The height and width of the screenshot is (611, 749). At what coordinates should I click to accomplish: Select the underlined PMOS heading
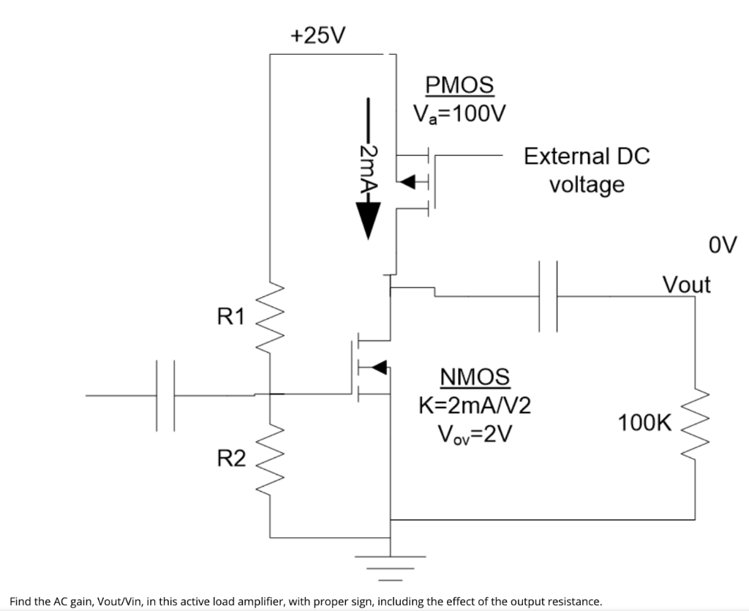coord(459,85)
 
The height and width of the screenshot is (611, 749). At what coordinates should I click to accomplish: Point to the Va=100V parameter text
coord(459,113)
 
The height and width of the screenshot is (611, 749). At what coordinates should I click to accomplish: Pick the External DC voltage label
coord(587,170)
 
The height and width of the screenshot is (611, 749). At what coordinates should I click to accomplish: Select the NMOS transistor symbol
coord(373,367)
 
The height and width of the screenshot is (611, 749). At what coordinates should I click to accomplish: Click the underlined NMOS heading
coord(474,377)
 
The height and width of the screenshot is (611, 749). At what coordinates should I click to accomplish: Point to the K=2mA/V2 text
coord(474,405)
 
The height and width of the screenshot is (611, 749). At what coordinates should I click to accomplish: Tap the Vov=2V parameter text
coord(474,433)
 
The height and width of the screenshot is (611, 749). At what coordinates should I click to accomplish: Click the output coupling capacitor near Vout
coord(548,296)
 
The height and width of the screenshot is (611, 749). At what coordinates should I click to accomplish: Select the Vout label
coord(685,284)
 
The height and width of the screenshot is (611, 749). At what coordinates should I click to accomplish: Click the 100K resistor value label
coord(644,422)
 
